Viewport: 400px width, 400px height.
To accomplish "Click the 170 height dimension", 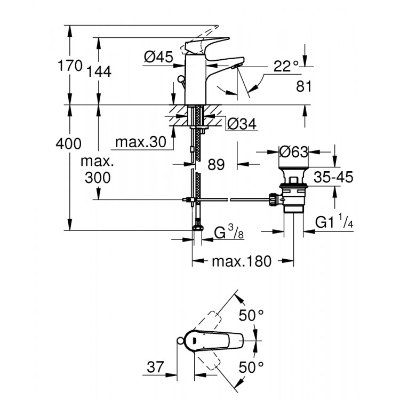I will pyautogui.click(x=71, y=66).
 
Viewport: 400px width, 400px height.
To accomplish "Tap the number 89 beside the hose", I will pyautogui.click(x=215, y=165).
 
